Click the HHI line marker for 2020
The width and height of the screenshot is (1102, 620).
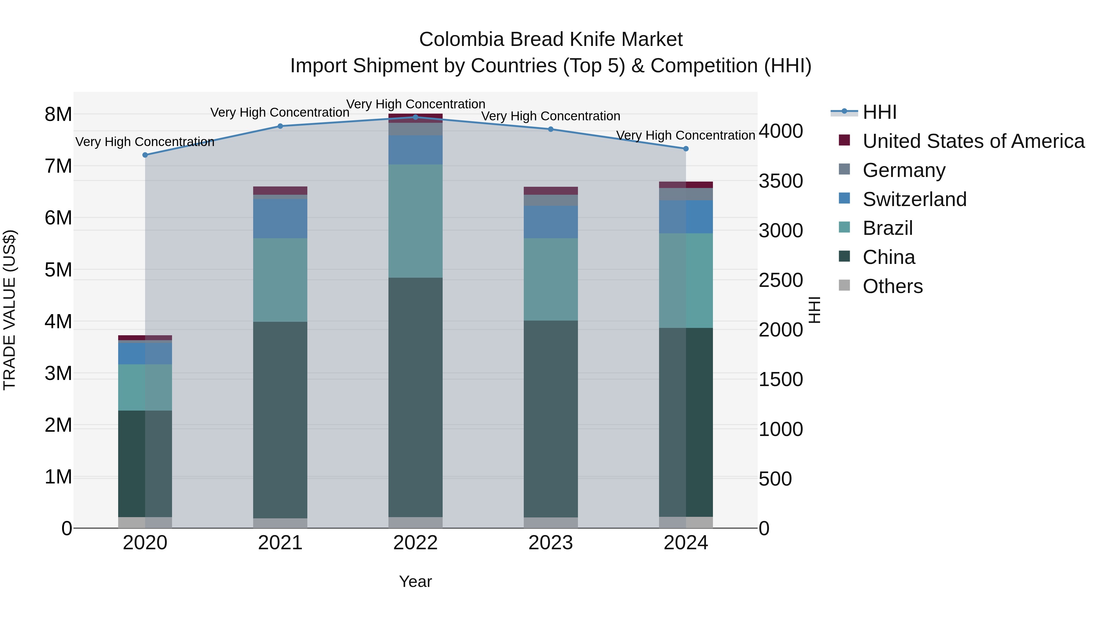tap(145, 155)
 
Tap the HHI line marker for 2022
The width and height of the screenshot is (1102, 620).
tap(415, 117)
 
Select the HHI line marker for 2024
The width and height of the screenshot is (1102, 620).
tap(686, 149)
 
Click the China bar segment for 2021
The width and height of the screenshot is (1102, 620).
tap(280, 419)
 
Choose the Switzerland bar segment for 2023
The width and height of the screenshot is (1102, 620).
tap(551, 222)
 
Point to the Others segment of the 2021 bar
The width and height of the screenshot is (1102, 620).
tap(280, 523)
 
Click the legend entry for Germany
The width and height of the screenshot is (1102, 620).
tap(904, 170)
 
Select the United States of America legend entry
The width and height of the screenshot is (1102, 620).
tap(973, 141)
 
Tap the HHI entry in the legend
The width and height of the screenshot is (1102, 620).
tap(879, 112)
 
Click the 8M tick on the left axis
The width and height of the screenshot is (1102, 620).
tap(58, 114)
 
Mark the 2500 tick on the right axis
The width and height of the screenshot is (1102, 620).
tap(781, 280)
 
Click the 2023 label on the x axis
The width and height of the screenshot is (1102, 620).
tap(551, 543)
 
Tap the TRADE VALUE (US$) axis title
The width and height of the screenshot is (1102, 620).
tap(10, 310)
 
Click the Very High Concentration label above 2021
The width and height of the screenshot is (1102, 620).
tap(280, 113)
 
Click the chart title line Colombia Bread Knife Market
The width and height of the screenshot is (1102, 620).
tap(551, 39)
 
